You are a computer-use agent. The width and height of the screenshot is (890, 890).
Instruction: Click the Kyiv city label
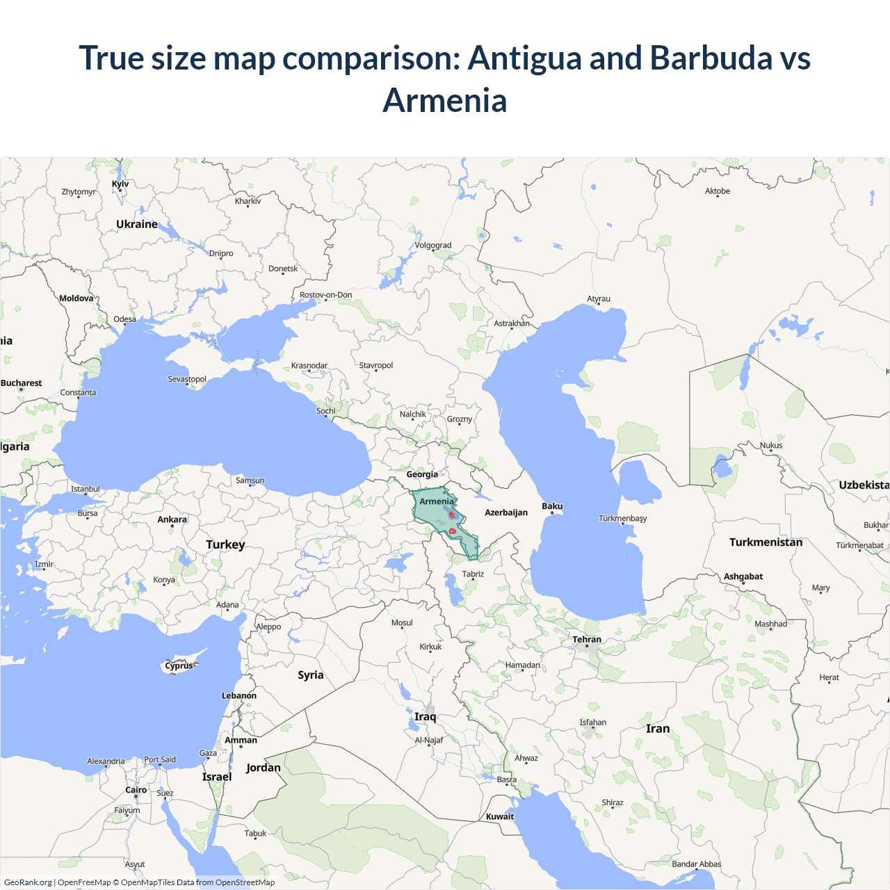pyautogui.click(x=120, y=184)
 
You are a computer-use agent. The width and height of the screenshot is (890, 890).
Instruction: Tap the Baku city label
pyautogui.click(x=552, y=506)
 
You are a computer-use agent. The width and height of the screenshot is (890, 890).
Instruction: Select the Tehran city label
pyautogui.click(x=587, y=640)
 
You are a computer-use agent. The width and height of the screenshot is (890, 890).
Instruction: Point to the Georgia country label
pyautogui.click(x=422, y=474)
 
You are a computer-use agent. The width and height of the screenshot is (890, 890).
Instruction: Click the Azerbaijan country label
pyautogui.click(x=506, y=512)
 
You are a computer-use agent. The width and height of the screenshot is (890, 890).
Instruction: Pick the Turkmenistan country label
pyautogui.click(x=766, y=542)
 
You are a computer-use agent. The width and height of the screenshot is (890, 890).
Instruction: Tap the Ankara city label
pyautogui.click(x=172, y=519)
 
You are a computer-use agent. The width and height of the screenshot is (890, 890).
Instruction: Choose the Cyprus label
pyautogui.click(x=179, y=665)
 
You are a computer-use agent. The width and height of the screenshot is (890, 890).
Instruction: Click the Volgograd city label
pyautogui.click(x=432, y=245)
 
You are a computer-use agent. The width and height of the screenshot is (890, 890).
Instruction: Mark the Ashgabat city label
pyautogui.click(x=743, y=576)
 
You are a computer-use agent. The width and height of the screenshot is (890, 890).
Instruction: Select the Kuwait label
pyautogui.click(x=500, y=816)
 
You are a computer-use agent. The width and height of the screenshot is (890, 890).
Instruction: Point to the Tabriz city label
pyautogui.click(x=473, y=574)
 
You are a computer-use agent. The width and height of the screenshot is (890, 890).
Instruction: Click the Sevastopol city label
pyautogui.click(x=187, y=379)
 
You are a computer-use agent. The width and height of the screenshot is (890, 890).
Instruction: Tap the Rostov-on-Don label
pyautogui.click(x=325, y=295)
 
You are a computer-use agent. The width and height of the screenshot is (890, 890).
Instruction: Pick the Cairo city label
pyautogui.click(x=136, y=790)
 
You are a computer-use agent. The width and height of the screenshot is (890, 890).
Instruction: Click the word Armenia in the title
pyautogui.click(x=445, y=100)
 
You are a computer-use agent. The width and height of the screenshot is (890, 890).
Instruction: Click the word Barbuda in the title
pyautogui.click(x=711, y=58)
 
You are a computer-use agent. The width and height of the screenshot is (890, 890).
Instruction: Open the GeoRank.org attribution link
pyautogui.click(x=28, y=882)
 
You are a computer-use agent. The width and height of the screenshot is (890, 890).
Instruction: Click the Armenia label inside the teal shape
pyautogui.click(x=436, y=501)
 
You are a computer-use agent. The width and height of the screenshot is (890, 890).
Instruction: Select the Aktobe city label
pyautogui.click(x=718, y=191)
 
